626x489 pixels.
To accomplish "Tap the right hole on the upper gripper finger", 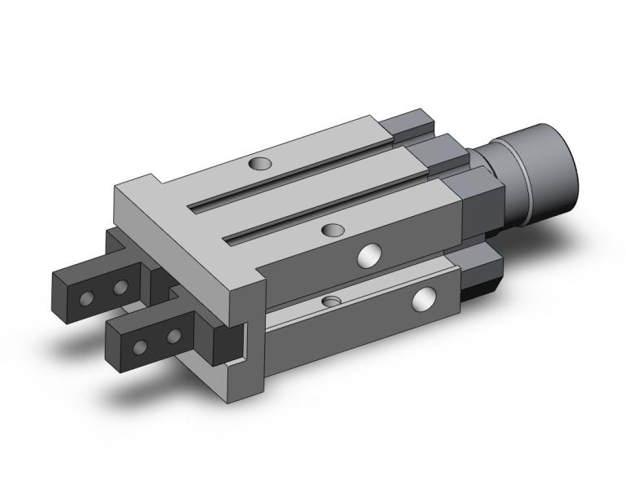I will click(x=121, y=287).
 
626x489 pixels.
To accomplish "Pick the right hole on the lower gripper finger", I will click(x=173, y=336).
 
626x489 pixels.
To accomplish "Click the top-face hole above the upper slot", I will click(x=260, y=165).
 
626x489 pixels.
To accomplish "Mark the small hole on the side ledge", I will click(x=330, y=302).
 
